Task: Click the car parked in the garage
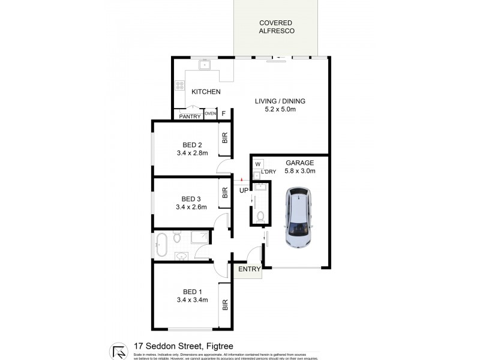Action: coord(298,218)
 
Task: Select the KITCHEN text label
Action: coord(206,92)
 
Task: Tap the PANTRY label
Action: coord(189,116)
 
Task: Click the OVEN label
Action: coord(209,113)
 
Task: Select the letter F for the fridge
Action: coord(224,113)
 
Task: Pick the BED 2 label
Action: coord(192,144)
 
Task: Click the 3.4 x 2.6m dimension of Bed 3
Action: coord(192,208)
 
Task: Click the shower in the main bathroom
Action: coord(199,238)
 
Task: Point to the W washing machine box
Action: coord(258,164)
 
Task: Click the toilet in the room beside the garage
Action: coord(260,216)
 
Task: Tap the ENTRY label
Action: coord(250,269)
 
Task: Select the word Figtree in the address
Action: coord(216,346)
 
